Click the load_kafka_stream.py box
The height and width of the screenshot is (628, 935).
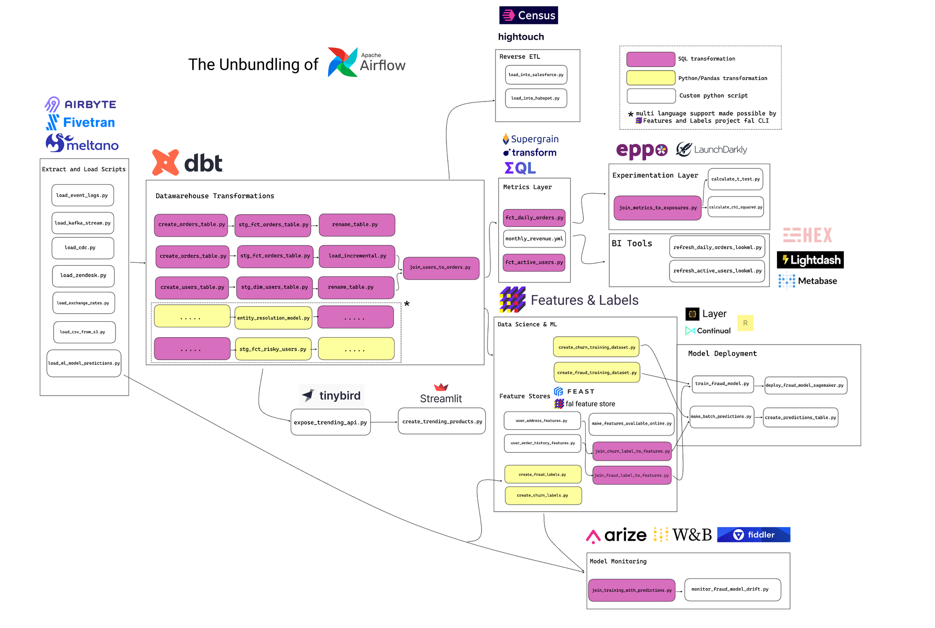tap(83, 223)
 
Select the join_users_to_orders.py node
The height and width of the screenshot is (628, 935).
tap(441, 268)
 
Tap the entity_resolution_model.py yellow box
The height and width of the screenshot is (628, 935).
tap(273, 318)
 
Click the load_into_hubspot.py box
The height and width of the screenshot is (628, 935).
tap(536, 98)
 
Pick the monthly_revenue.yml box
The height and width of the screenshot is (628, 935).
tap(534, 238)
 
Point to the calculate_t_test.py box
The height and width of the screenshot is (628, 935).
tap(735, 179)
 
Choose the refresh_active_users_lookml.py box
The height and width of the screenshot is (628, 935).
tap(717, 271)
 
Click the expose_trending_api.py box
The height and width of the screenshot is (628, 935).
tap(331, 422)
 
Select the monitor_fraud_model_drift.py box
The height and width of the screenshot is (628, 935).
tap(733, 590)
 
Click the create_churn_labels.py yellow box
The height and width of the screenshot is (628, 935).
tap(543, 496)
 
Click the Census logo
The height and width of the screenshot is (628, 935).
tap(529, 15)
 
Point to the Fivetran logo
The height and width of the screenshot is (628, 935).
tap(80, 123)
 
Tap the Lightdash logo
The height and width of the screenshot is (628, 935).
tap(810, 260)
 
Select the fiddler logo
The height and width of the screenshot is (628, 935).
tap(754, 535)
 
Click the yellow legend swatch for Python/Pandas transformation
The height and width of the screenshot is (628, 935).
tap(651, 78)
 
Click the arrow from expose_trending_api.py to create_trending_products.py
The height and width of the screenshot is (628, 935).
tap(384, 422)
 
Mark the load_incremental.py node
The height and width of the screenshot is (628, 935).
tap(357, 256)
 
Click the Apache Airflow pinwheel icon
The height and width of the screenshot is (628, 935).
tap(342, 62)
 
